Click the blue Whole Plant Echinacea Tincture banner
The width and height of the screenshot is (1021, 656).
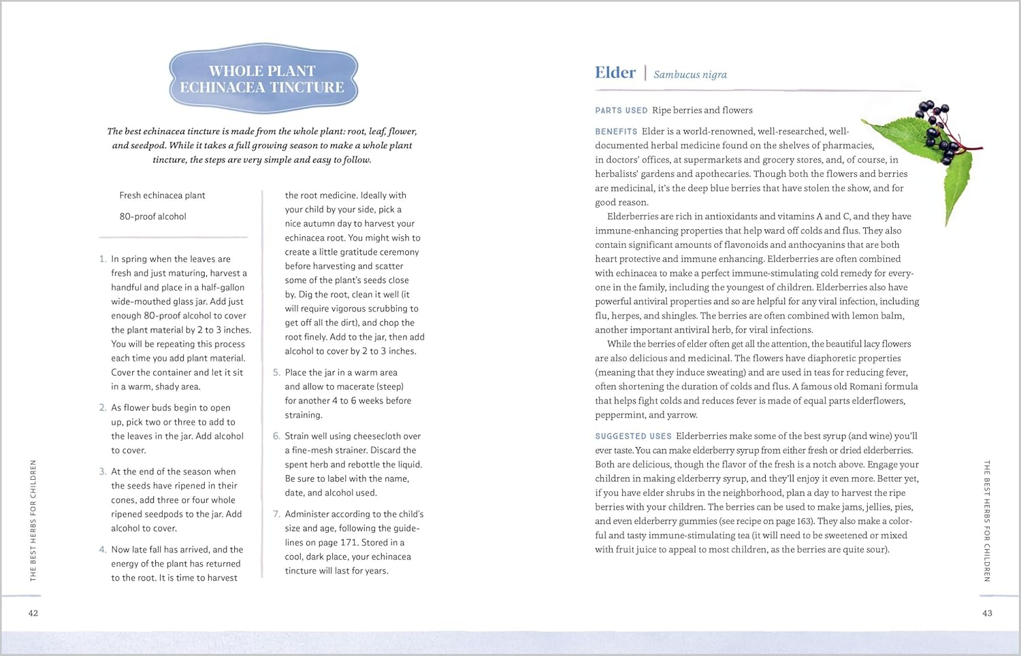pyautogui.click(x=263, y=79)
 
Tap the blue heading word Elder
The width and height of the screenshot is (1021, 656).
pyautogui.click(x=615, y=73)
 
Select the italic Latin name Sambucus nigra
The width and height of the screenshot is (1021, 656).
pyautogui.click(x=690, y=74)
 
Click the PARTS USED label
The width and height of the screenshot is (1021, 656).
pyautogui.click(x=621, y=110)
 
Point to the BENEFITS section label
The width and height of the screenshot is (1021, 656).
pyautogui.click(x=616, y=131)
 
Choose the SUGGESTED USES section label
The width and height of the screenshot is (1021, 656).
pyautogui.click(x=633, y=436)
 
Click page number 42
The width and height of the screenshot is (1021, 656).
pyautogui.click(x=33, y=613)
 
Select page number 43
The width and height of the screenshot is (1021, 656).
pyautogui.click(x=987, y=613)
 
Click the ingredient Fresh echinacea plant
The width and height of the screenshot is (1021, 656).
pyautogui.click(x=162, y=195)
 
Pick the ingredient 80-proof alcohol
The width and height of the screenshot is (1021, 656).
pyautogui.click(x=152, y=216)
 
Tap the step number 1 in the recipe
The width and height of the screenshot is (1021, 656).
pyautogui.click(x=103, y=259)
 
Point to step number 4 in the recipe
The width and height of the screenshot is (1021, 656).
pyautogui.click(x=103, y=550)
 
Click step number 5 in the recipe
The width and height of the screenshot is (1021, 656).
pyautogui.click(x=276, y=373)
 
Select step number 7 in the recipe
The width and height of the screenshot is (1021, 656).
pyautogui.click(x=276, y=514)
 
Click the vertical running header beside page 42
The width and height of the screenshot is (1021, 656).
pyautogui.click(x=33, y=521)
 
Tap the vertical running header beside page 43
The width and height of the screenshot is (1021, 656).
pyautogui.click(x=987, y=521)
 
